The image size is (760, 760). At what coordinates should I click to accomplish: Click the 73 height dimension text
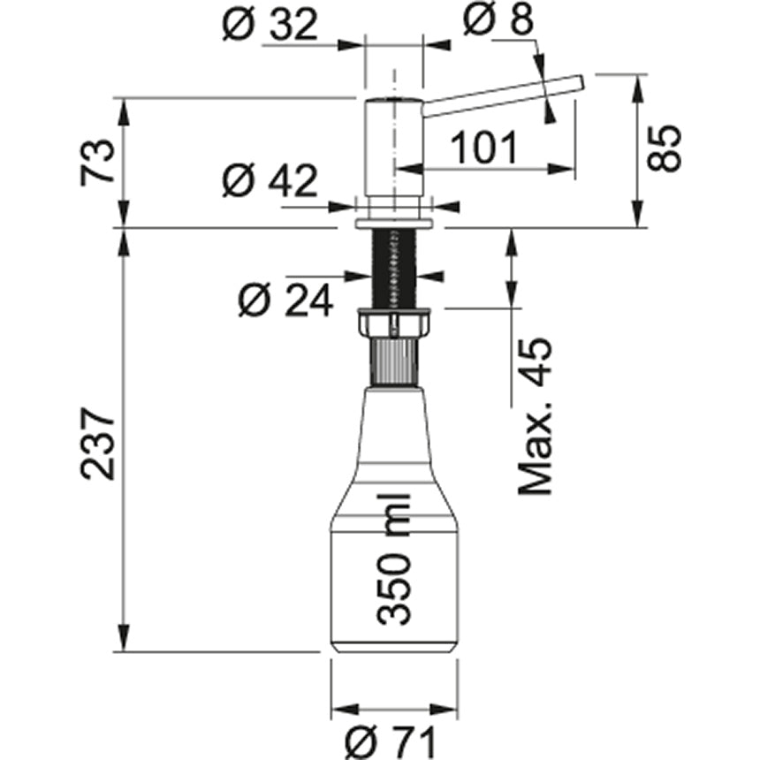98,161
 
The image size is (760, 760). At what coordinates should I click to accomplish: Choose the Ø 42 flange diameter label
270,183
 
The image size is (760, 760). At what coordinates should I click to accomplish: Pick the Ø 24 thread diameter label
285,301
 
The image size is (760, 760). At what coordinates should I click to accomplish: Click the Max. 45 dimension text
536,415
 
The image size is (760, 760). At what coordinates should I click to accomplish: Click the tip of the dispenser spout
579,81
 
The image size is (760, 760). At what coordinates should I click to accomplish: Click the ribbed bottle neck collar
394,362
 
